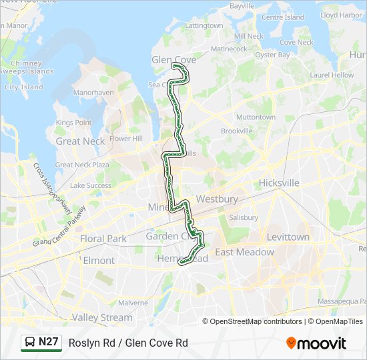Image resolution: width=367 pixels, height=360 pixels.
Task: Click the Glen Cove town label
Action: pos(173,59)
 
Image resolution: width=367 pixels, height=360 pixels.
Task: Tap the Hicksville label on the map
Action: pos(279,183)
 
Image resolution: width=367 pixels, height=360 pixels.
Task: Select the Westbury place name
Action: pos(217,199)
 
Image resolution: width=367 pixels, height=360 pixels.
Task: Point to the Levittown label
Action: pos(288,237)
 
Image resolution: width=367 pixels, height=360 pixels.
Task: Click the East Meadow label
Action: pos(244,252)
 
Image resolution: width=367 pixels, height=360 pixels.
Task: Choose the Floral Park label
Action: pos(103,238)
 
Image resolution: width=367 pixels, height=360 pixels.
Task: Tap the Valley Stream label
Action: pos(102,317)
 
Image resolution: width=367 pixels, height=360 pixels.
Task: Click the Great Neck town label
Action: pos(80,141)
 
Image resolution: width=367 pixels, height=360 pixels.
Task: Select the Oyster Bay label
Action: pos(272,55)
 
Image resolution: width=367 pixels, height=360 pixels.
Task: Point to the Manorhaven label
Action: pos(93,93)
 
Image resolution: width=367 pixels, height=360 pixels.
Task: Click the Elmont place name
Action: pos(99,261)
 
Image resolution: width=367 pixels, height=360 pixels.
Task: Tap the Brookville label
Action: pos(237,131)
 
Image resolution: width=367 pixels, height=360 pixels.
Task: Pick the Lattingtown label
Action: pos(204,25)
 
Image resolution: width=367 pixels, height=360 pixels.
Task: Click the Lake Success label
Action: pos(91,185)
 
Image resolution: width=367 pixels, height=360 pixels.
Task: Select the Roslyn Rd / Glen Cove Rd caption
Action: pos(128,343)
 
